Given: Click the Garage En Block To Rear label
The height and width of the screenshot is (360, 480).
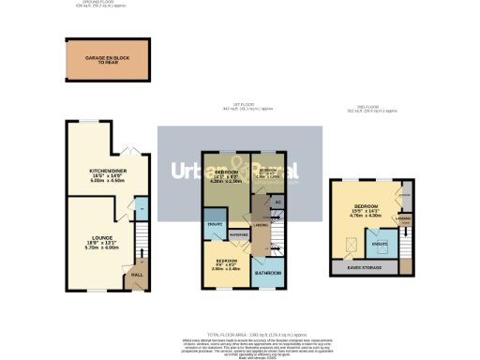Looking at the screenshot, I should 106,59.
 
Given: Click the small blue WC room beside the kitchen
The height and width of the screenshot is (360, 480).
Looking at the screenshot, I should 140,207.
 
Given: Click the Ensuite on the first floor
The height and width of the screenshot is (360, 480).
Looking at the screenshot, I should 213,228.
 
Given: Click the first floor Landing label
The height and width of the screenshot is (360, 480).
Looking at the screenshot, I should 263,223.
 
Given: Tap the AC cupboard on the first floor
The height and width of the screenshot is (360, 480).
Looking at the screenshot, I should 277,202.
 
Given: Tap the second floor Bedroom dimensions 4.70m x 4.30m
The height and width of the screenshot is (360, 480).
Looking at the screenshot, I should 365,216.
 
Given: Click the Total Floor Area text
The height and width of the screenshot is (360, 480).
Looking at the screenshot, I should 241,334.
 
